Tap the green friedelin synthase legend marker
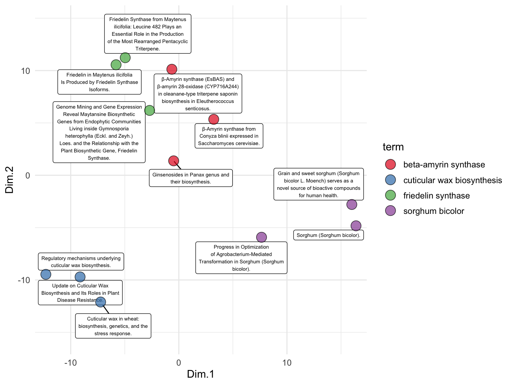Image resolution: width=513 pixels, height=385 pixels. pyautogui.click(x=390, y=196)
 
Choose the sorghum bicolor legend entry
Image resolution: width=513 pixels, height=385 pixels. pyautogui.click(x=434, y=211)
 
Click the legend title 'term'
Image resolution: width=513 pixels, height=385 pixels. pyautogui.click(x=393, y=147)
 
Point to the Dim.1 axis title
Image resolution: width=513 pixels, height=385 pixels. pyautogui.click(x=200, y=374)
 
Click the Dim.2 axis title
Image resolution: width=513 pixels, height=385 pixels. pyautogui.click(x=9, y=180)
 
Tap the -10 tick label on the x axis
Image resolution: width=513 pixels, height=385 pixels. pyautogui.click(x=70, y=363)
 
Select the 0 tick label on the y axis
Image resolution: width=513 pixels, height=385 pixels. pyautogui.click(x=28, y=175)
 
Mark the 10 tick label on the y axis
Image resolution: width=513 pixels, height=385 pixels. pyautogui.click(x=25, y=71)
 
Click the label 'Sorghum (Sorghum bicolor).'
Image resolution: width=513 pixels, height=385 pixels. pyautogui.click(x=328, y=235)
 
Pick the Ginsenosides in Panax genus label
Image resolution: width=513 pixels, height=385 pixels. pyautogui.click(x=191, y=178)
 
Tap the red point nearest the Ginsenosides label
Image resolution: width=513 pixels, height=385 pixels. pyautogui.click(x=173, y=161)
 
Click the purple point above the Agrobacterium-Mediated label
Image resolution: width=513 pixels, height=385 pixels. pyautogui.click(x=261, y=237)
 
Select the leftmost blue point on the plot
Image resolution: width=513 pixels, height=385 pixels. pyautogui.click(x=46, y=274)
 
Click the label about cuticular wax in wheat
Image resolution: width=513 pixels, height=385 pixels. pyautogui.click(x=113, y=326)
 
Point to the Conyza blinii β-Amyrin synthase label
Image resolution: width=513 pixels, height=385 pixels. pyautogui.click(x=229, y=136)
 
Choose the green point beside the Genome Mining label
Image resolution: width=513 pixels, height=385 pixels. pyautogui.click(x=150, y=110)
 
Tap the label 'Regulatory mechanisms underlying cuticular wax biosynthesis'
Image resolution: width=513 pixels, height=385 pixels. pyautogui.click(x=81, y=262)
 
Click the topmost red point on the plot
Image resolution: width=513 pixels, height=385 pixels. pyautogui.click(x=172, y=69)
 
